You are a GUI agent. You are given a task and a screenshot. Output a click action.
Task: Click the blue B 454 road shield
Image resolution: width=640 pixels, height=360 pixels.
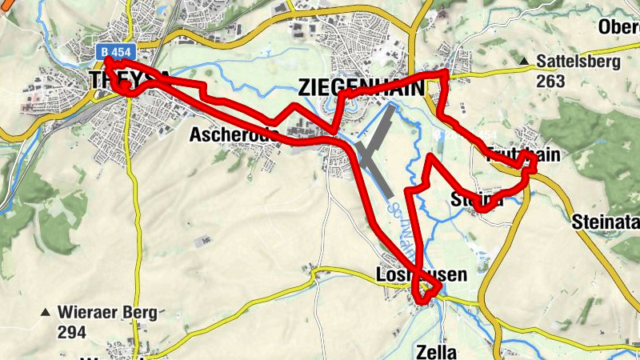tap(115, 52)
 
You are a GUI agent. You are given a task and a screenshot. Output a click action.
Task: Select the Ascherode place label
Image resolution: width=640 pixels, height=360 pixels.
tap(234, 135)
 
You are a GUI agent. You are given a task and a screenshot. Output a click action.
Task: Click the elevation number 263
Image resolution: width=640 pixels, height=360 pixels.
tap(551, 81)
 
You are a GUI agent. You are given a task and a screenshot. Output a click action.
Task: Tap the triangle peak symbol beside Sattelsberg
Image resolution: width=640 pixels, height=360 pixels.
tap(523, 61)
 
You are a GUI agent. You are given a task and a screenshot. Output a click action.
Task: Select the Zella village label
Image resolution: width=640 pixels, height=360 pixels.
tap(436, 352)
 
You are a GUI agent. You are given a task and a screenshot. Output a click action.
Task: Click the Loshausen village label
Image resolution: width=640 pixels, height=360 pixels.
tap(421, 275)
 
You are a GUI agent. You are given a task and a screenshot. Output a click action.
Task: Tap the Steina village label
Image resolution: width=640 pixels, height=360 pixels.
tap(478, 199)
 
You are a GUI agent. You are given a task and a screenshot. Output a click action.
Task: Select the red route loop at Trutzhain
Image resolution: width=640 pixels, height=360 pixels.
tap(529, 165)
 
